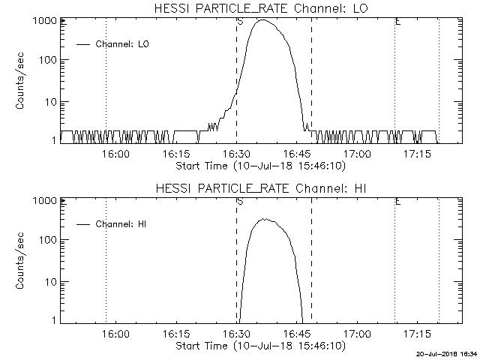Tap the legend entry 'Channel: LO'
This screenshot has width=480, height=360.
pyautogui.click(x=123, y=44)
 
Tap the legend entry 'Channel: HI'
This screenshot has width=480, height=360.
pyautogui.click(x=122, y=224)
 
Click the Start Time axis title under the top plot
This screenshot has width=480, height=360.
pyautogui.click(x=259, y=165)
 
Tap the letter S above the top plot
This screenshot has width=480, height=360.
pyautogui.click(x=240, y=21)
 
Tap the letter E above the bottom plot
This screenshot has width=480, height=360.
pyautogui.click(x=397, y=202)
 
